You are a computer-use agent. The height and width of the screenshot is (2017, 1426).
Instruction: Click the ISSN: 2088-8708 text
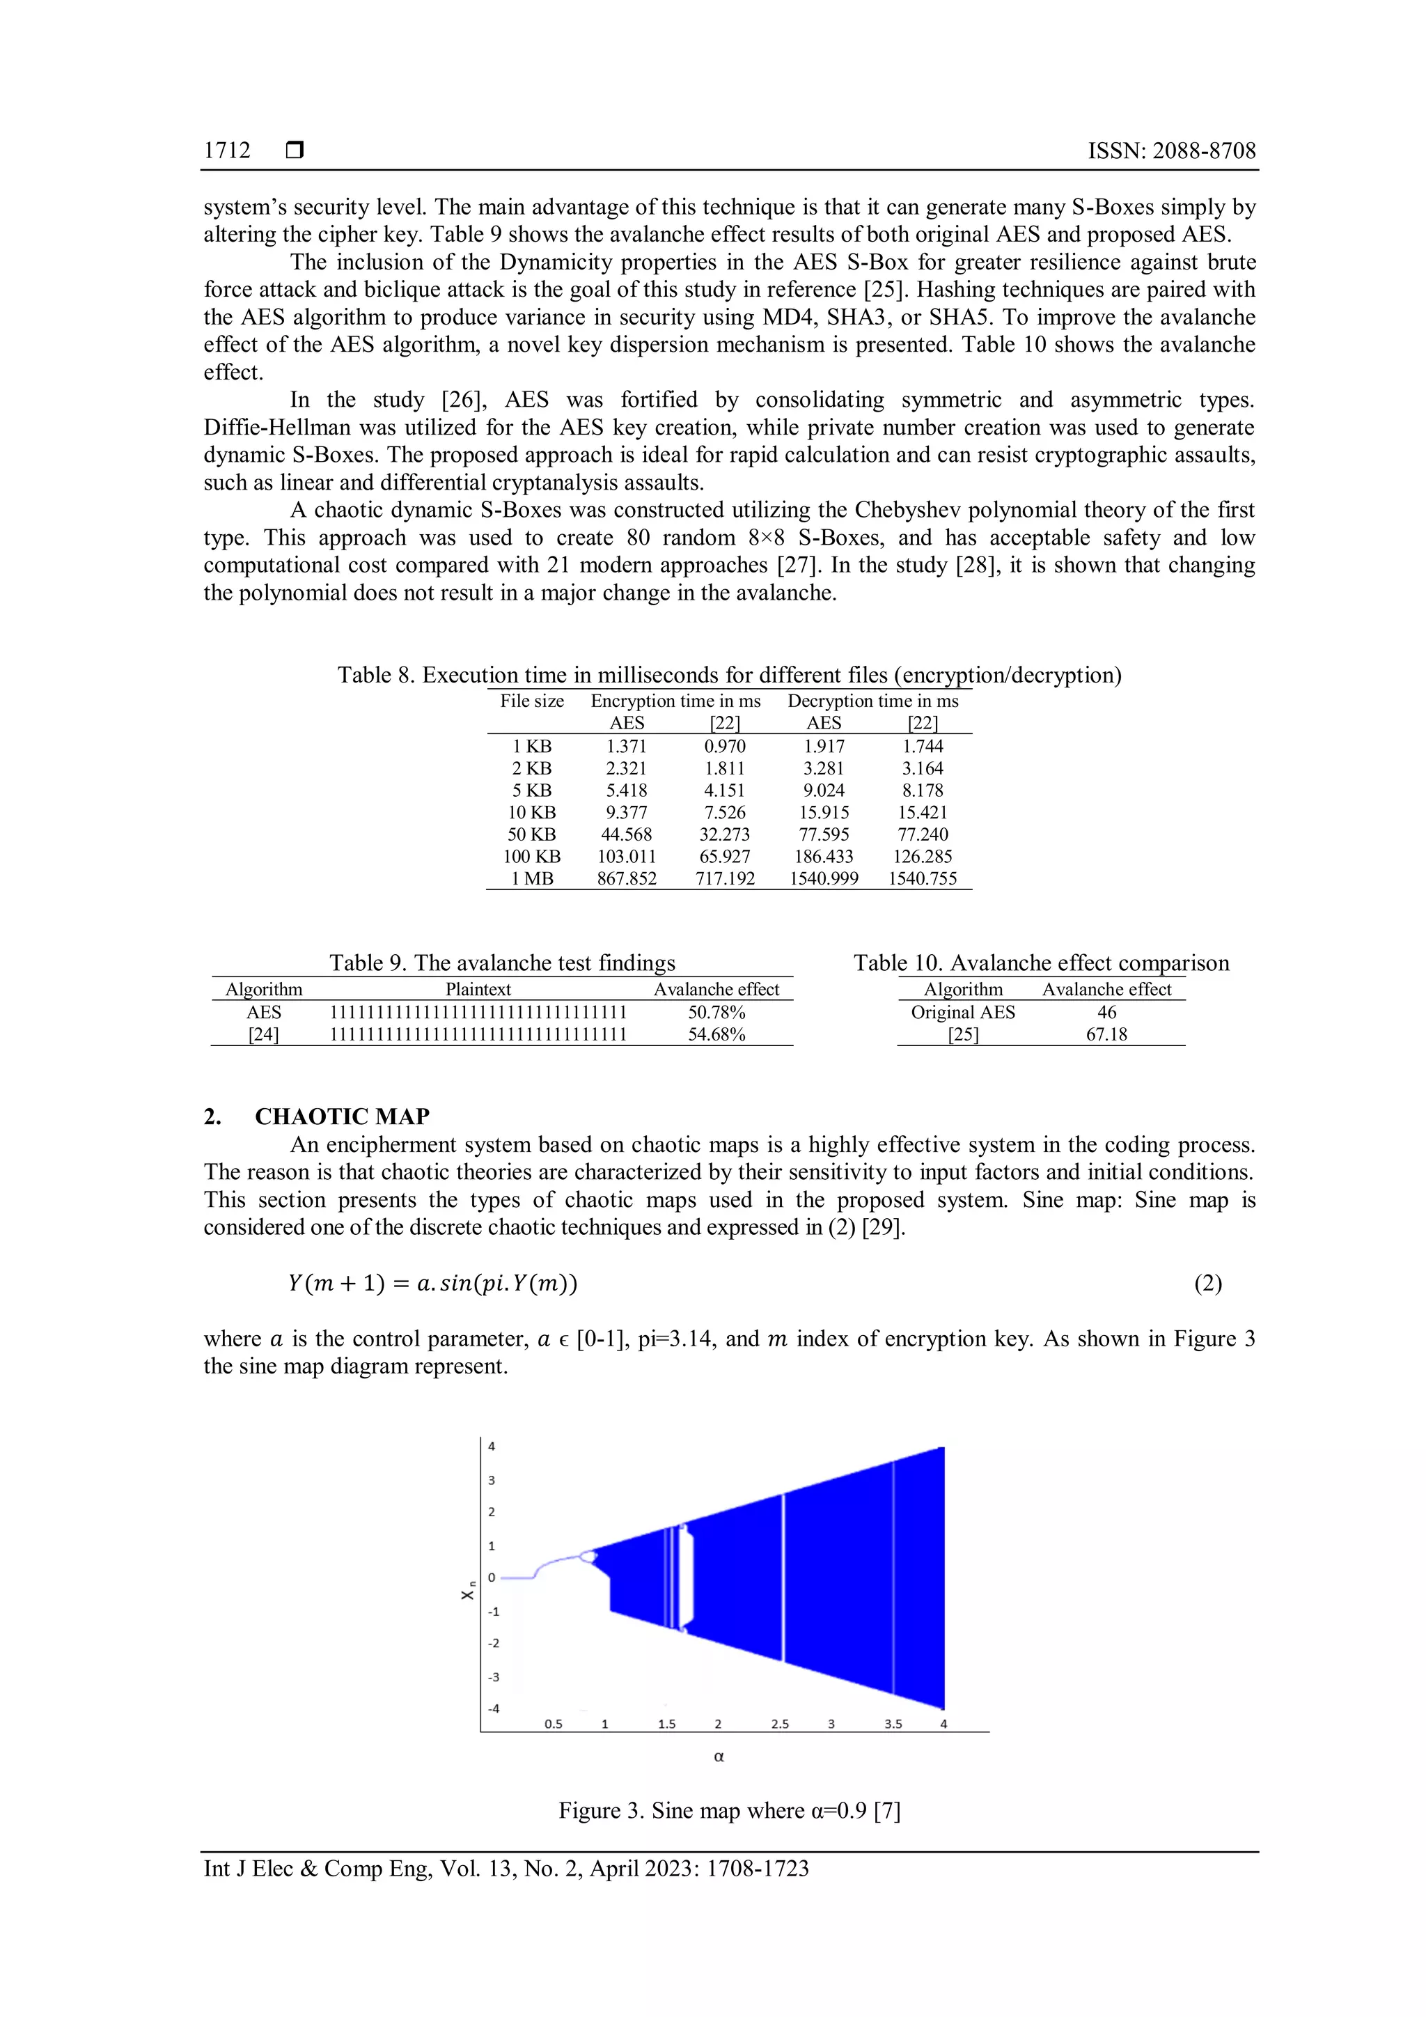[x=1171, y=150]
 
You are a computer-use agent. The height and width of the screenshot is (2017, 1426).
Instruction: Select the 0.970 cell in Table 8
[x=724, y=746]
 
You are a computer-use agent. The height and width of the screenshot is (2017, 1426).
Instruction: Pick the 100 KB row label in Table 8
[x=531, y=856]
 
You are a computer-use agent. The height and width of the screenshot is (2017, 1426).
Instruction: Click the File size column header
[x=531, y=701]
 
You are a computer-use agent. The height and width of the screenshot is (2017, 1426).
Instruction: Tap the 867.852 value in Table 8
[x=626, y=878]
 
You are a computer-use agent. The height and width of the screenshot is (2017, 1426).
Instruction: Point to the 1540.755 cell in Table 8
[x=922, y=878]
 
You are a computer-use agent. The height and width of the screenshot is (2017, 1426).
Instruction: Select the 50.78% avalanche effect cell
[x=716, y=1012]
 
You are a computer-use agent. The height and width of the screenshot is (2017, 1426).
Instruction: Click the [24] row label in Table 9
[x=263, y=1034]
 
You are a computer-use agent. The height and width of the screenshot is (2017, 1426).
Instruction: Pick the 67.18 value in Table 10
[x=1106, y=1034]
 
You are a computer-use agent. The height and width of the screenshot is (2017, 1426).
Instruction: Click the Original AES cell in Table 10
[x=962, y=1012]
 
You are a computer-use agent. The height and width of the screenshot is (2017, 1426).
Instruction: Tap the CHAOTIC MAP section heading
[x=342, y=1116]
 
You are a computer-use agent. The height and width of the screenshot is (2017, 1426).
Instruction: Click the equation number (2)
[x=1207, y=1284]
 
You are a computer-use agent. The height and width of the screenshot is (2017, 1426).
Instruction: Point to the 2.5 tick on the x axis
[x=780, y=1724]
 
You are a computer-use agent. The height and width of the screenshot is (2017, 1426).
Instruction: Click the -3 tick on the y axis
[x=494, y=1676]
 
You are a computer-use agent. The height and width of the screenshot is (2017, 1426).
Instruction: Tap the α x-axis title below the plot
[x=719, y=1757]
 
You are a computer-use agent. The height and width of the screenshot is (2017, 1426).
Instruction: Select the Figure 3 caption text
[x=729, y=1811]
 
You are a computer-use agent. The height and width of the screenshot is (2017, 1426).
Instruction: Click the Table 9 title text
[x=501, y=963]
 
